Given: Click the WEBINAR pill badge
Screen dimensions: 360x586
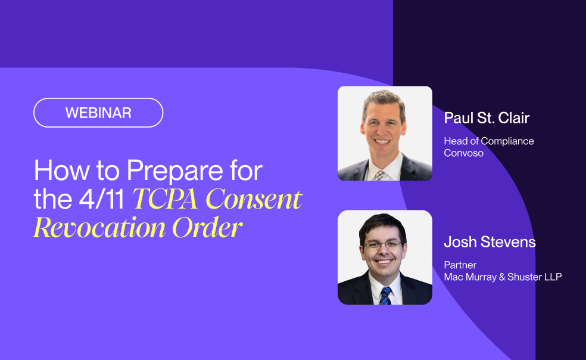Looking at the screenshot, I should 98,113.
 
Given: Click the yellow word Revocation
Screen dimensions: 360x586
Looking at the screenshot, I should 99,227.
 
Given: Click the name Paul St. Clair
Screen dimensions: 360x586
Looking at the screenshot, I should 487,118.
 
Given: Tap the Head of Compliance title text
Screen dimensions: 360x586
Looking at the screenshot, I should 488,141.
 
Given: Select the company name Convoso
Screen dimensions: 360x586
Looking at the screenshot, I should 464,153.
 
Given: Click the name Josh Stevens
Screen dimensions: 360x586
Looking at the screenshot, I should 490,242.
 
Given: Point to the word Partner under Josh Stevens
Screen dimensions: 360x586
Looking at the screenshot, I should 460,265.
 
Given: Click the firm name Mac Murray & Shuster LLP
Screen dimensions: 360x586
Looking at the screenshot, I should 503,277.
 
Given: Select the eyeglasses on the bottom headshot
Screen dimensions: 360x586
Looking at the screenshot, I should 384,245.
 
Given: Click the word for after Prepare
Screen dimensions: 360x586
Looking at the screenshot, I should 245,172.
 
